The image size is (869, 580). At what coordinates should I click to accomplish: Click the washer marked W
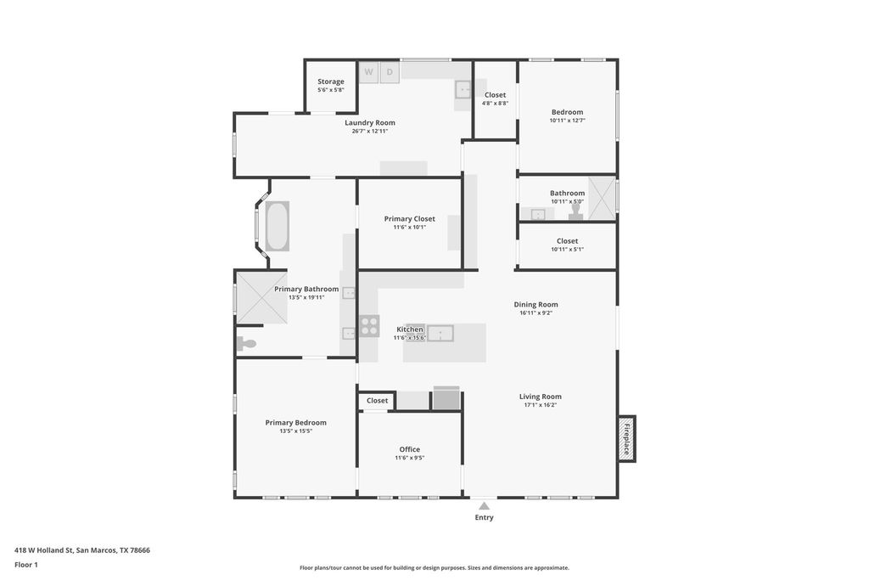368,72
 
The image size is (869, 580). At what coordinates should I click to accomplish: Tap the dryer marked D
390,72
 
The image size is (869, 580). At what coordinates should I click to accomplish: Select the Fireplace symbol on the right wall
627,439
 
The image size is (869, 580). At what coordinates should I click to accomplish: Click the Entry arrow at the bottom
484,506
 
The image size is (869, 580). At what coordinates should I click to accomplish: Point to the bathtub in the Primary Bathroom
278,226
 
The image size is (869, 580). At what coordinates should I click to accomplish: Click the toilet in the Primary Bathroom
246,344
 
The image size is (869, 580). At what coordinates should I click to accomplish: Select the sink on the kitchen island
440,332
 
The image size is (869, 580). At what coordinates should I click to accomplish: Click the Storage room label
331,82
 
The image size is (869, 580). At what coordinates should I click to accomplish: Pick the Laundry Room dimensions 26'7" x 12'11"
370,131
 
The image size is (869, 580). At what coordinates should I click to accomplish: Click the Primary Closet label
409,218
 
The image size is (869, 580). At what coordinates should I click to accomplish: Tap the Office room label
409,449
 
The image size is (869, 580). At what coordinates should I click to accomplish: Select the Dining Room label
535,304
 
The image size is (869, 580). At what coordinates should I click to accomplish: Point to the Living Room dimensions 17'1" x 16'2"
540,405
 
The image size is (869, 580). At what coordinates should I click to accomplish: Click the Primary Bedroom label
295,422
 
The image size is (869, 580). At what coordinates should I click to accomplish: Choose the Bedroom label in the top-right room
567,112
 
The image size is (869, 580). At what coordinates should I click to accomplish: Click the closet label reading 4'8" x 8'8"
495,103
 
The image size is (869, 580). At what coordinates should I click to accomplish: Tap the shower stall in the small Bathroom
602,198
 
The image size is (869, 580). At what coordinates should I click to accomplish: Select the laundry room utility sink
463,89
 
